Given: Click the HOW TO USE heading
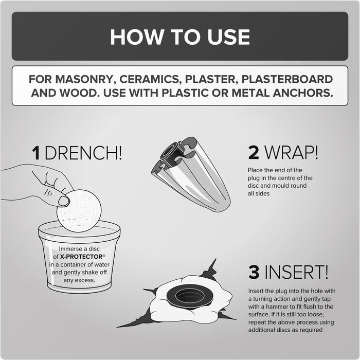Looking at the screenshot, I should tap(179, 37).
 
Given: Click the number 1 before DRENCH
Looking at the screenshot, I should tap(36, 153).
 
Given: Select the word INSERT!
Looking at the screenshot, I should tap(297, 271).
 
